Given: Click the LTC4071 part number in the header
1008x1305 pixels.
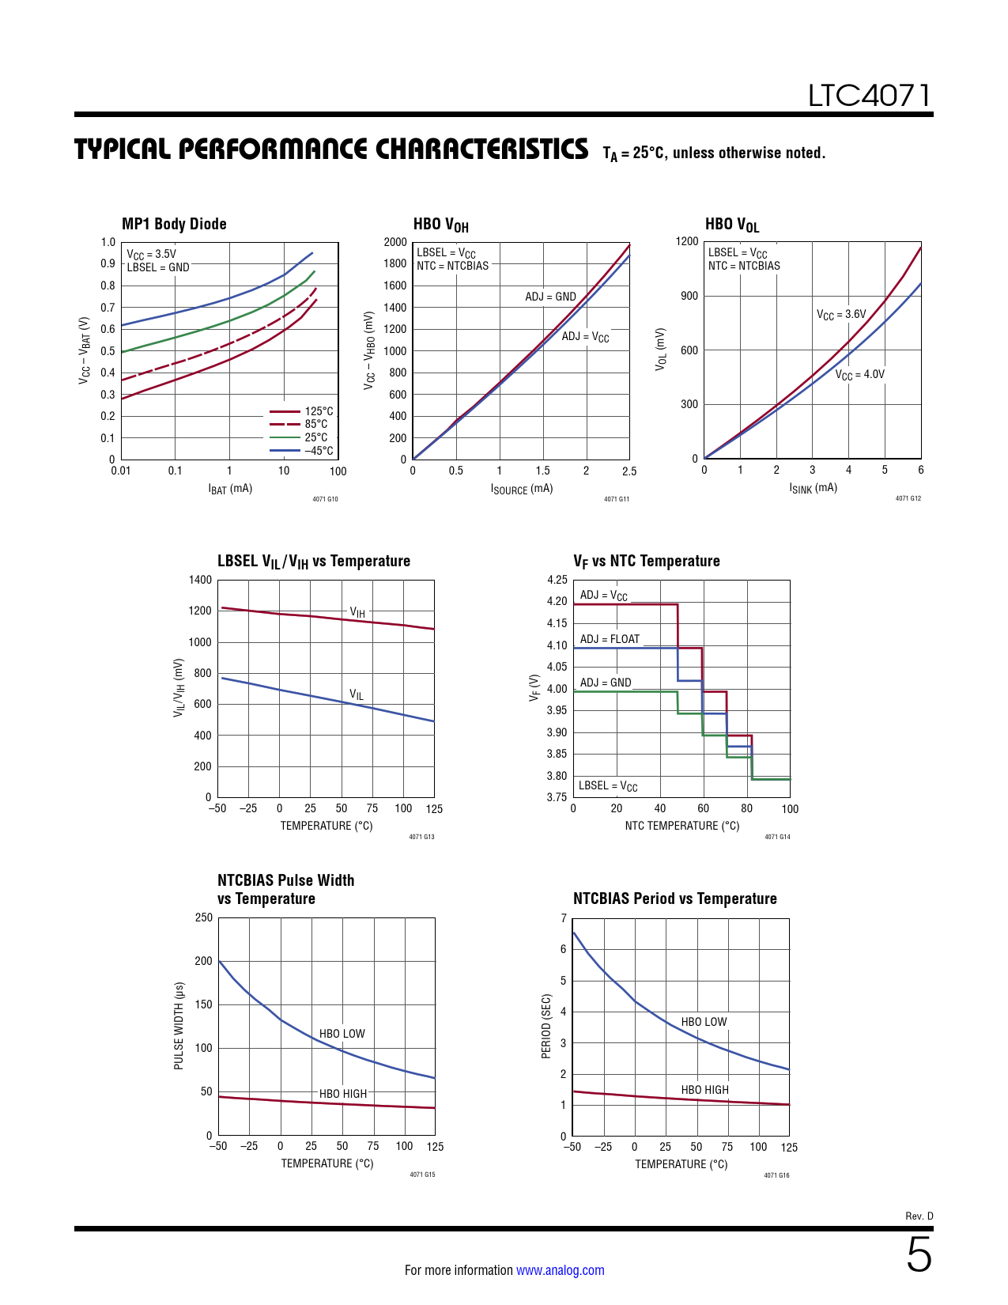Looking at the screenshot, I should coord(869,96).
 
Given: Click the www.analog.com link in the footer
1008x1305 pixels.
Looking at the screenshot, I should coord(560,1270).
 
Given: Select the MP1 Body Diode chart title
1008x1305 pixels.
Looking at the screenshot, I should coord(174,224).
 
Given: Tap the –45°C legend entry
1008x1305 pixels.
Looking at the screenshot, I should coord(319,451).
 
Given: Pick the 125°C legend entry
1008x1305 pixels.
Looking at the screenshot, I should coord(319,411).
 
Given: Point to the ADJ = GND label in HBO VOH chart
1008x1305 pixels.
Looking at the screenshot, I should coord(550,297).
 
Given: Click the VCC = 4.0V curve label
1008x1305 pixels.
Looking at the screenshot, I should coord(859,374).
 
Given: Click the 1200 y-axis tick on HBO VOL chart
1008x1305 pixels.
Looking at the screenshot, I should coord(687,241).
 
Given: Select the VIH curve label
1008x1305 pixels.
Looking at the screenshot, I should coord(357,612).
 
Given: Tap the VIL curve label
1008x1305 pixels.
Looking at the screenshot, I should coord(357,695).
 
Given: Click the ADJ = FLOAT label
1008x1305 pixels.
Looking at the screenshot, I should coord(610,639).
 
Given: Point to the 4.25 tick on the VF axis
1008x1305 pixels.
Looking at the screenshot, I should coord(557,580).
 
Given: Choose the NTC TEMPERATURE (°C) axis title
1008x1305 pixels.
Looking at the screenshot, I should coord(681,826).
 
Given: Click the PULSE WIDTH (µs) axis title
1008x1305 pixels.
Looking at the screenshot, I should coord(179,1026).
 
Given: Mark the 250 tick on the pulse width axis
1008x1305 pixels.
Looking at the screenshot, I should coord(203,917).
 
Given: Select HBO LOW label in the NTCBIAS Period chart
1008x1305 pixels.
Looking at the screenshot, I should coord(704,1022).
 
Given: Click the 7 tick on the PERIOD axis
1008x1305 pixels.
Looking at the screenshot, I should coord(564,918).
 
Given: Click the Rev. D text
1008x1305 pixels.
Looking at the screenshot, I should coord(919,1216).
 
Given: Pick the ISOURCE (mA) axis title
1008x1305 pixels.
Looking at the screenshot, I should coord(521,489).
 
